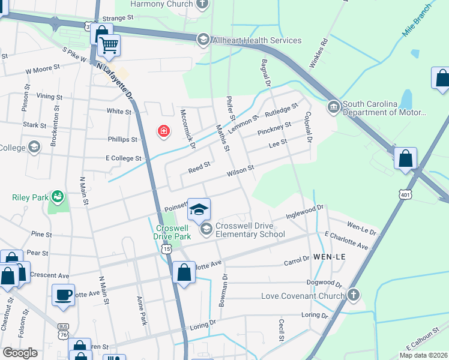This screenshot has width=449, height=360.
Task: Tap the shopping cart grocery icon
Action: (109, 45)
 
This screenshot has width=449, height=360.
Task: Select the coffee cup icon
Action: (63, 295)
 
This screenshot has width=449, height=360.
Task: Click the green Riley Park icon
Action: (56, 196)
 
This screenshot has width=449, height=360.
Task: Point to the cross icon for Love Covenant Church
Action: (354, 295)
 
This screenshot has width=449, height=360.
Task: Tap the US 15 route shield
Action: (165, 248)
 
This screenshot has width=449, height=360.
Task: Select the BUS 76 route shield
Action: (63, 329)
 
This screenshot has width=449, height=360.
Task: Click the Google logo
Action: (20, 352)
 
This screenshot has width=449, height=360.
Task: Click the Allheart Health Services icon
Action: (203, 40)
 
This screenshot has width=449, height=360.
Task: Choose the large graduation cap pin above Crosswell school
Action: (199, 209)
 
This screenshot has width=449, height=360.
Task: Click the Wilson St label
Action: (240, 172)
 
